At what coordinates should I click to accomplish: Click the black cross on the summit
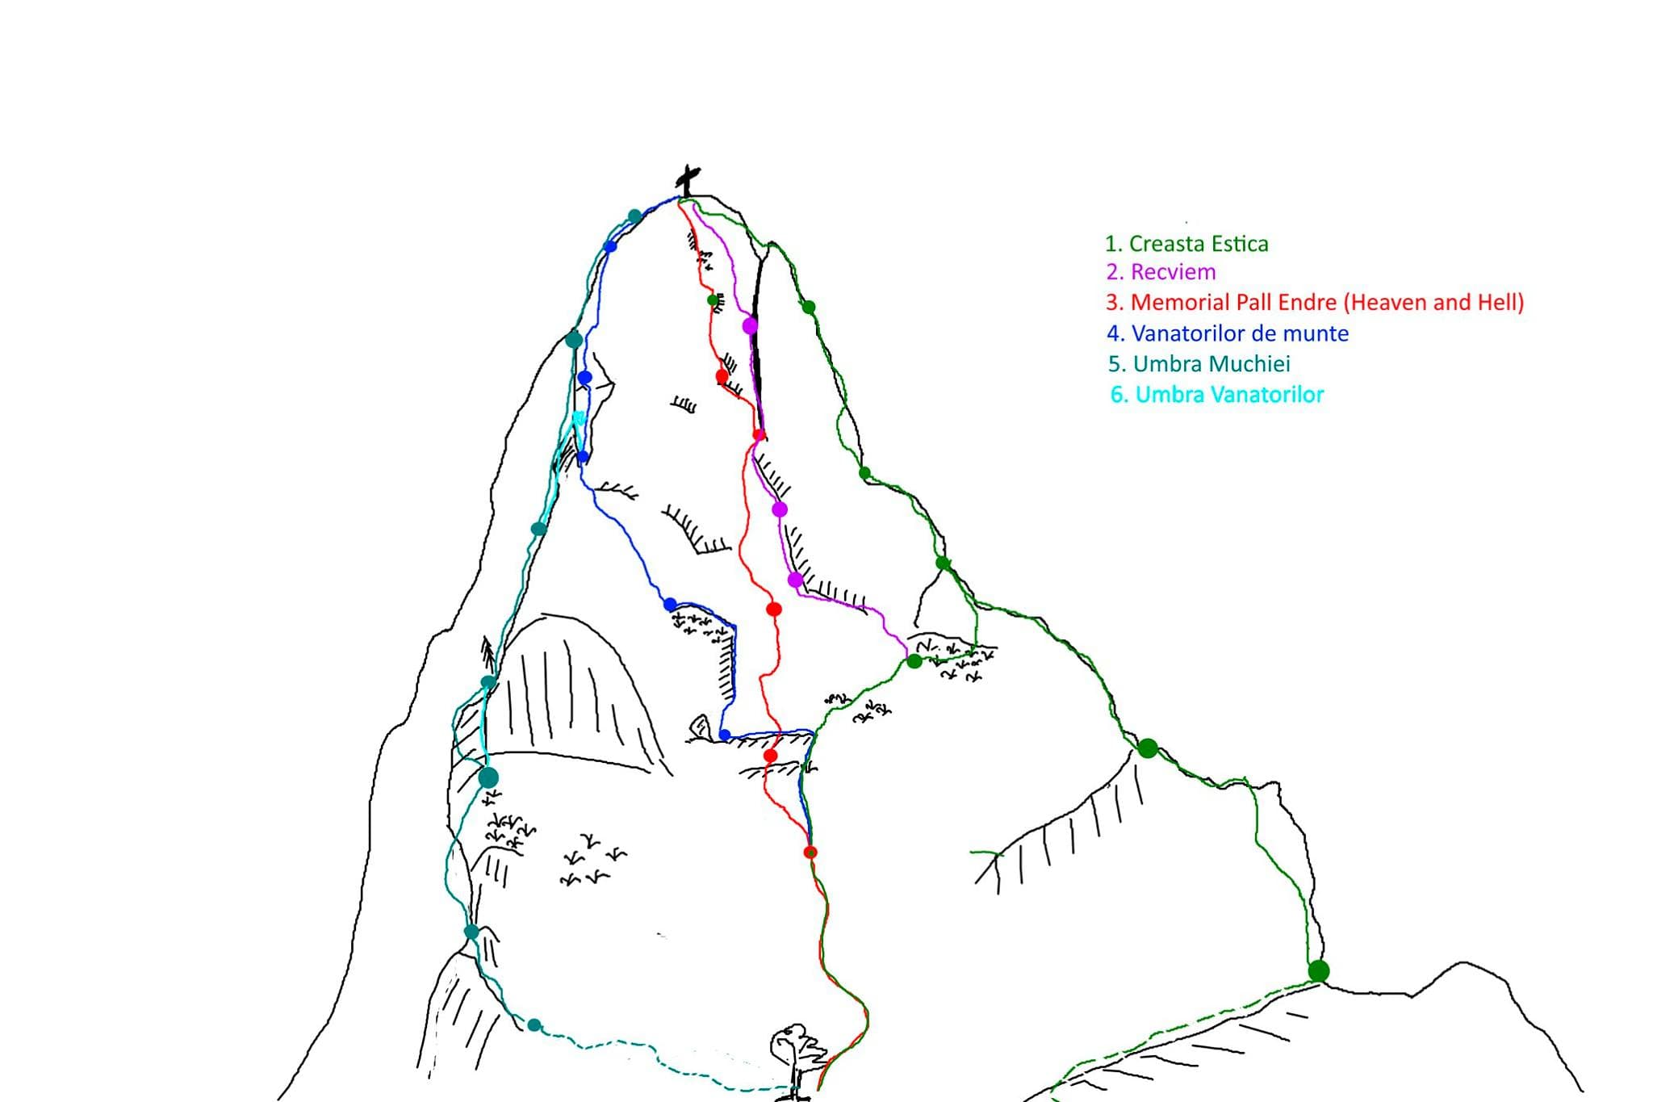tap(688, 181)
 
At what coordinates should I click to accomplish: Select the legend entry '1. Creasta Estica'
tap(1186, 244)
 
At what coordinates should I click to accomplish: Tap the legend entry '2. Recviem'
tap(1161, 272)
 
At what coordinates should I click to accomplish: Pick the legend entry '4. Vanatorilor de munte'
tap(1228, 333)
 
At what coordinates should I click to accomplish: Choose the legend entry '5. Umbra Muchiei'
tap(1199, 364)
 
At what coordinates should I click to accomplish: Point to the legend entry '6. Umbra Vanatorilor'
tap(1217, 395)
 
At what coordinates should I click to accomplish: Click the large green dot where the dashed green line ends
tap(1318, 970)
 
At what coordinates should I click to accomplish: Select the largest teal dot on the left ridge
tap(488, 777)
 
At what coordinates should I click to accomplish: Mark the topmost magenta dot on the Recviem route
tap(750, 325)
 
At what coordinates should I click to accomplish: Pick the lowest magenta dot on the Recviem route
tap(795, 580)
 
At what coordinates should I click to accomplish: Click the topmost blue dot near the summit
tap(610, 246)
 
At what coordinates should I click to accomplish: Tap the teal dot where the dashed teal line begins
tap(534, 1025)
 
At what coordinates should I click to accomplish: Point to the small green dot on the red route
tap(713, 300)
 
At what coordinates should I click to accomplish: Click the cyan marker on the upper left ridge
tap(579, 417)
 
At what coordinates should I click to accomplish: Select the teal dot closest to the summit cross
tap(634, 216)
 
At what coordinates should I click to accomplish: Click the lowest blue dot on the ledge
tap(725, 735)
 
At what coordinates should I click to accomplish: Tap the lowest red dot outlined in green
tap(810, 853)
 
